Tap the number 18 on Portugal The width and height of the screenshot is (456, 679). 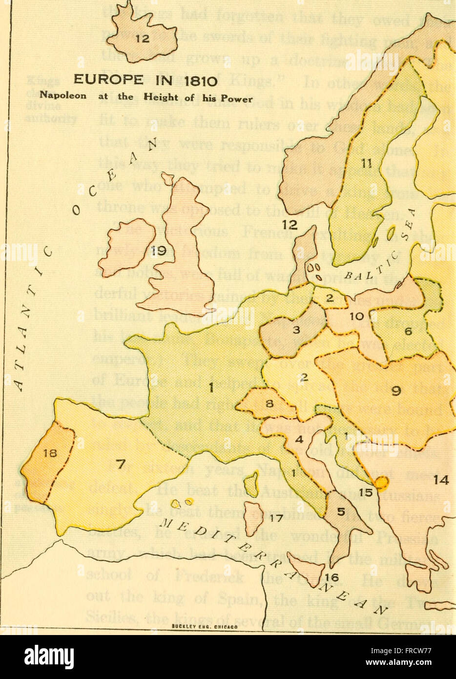pyautogui.click(x=50, y=452)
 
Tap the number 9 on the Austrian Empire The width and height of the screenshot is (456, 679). pyautogui.click(x=396, y=390)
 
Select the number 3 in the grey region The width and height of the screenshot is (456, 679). pyautogui.click(x=296, y=330)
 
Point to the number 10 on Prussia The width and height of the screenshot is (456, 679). pyautogui.click(x=357, y=317)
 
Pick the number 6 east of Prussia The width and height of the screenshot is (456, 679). pyautogui.click(x=408, y=331)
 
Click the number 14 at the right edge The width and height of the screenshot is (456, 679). pyautogui.click(x=441, y=480)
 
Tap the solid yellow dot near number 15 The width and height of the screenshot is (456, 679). pyautogui.click(x=381, y=483)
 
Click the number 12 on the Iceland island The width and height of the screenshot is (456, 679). pyautogui.click(x=139, y=41)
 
